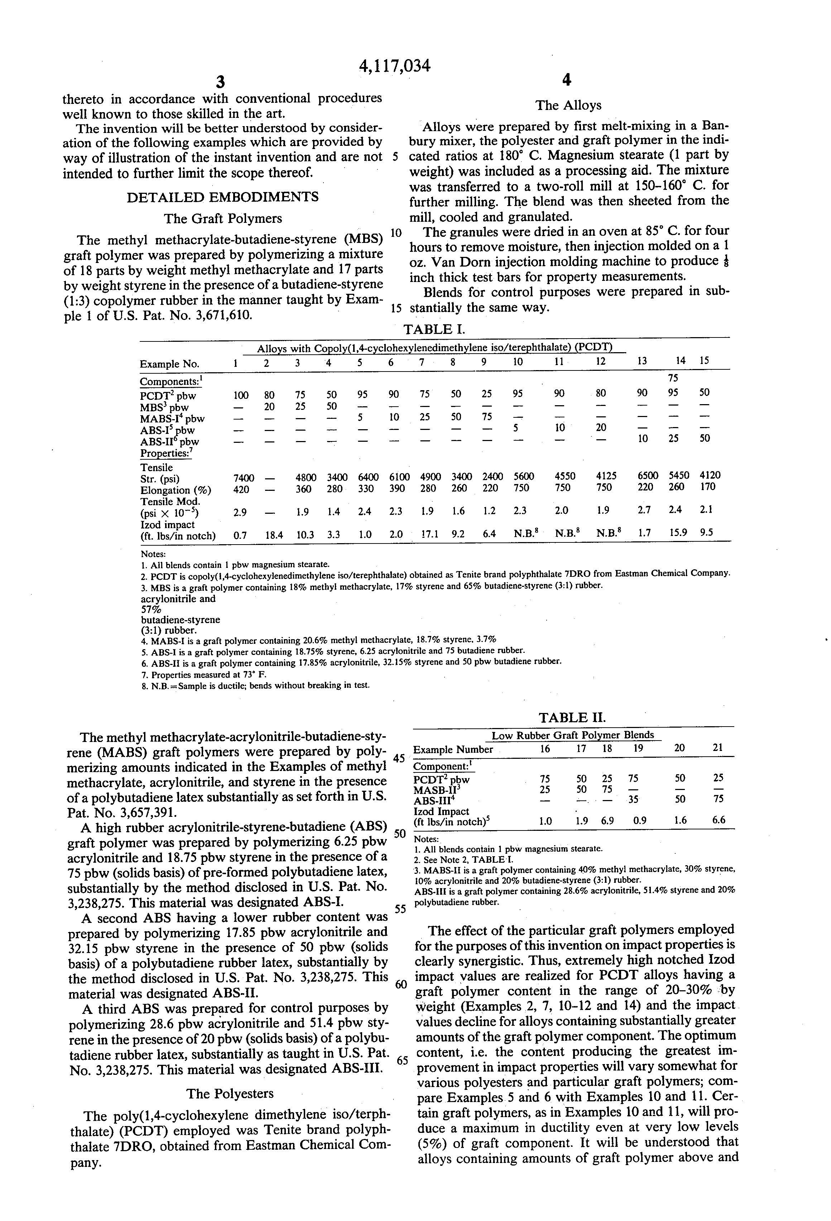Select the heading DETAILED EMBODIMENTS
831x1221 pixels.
223,197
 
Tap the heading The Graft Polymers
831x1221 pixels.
223,219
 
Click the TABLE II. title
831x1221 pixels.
572,718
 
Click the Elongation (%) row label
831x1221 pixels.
176,490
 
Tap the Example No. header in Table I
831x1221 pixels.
170,364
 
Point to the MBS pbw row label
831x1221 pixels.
164,407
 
